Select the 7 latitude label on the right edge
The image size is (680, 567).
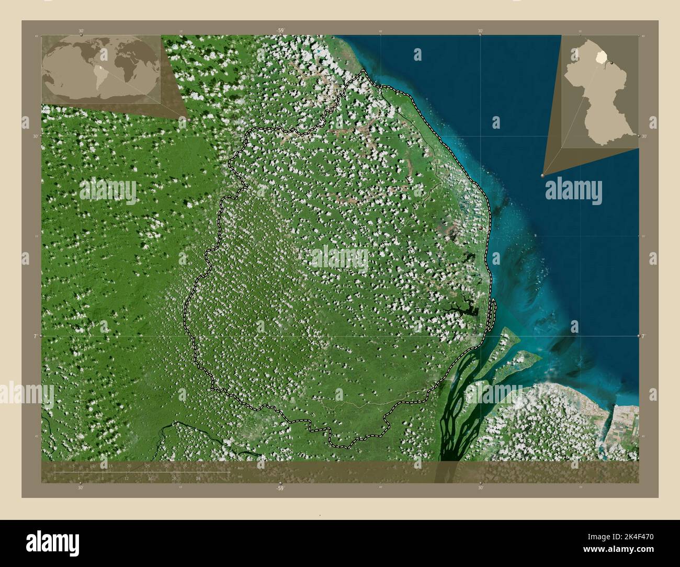643,336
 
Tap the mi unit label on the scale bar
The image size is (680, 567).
239,477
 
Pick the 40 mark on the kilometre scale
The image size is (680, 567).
203,465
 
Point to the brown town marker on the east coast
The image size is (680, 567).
481,228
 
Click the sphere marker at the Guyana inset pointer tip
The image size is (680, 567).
543,176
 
